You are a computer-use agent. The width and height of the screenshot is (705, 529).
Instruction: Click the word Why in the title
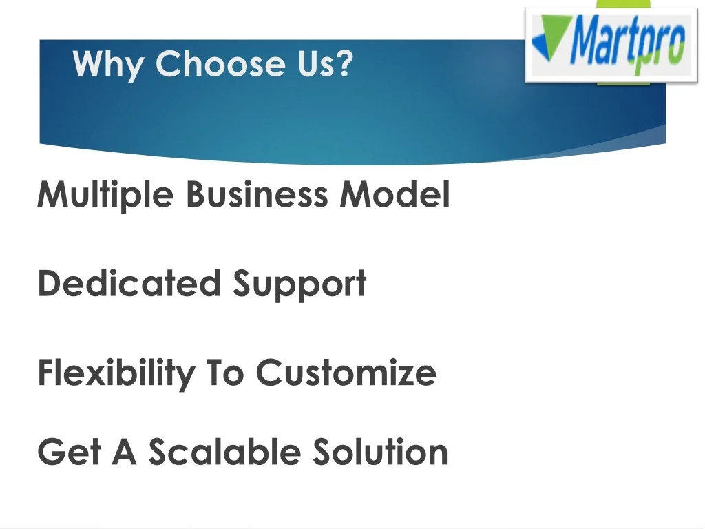click(x=108, y=65)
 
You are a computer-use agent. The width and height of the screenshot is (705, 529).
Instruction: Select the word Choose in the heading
click(x=220, y=63)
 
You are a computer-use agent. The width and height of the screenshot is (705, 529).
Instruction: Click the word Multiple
click(x=105, y=195)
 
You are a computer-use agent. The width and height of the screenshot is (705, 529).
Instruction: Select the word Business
click(x=257, y=194)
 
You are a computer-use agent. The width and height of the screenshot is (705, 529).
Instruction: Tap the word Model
click(x=394, y=194)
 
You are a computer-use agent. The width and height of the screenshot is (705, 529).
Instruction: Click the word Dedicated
click(x=129, y=283)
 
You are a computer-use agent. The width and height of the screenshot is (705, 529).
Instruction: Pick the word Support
click(x=299, y=285)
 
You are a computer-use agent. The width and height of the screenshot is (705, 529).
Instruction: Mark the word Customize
click(x=346, y=372)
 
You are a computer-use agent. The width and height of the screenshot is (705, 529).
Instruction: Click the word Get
click(x=70, y=451)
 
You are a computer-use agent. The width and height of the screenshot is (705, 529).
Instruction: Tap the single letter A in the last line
click(x=124, y=451)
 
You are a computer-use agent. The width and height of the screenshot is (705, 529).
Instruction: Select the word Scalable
click(x=224, y=451)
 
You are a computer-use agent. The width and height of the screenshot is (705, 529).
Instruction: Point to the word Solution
click(x=380, y=451)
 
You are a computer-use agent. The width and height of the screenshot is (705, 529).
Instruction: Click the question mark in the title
click(x=344, y=63)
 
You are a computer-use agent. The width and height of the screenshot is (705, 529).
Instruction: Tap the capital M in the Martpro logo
click(x=586, y=39)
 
